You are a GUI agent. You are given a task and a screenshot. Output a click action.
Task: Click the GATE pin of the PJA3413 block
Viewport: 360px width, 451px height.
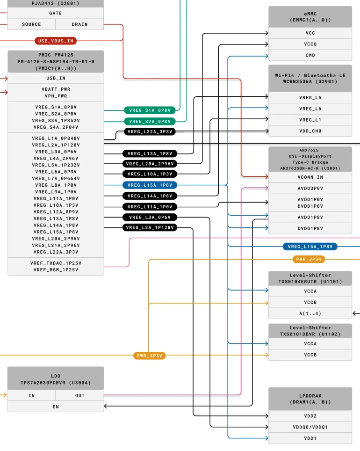tap(56, 13)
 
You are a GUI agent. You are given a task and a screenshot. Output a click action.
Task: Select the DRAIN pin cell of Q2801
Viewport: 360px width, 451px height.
tap(79, 24)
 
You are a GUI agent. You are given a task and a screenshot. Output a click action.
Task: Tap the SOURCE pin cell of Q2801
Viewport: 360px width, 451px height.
tap(31, 24)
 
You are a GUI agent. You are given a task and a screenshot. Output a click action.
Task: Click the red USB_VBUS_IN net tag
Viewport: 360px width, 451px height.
tap(56, 41)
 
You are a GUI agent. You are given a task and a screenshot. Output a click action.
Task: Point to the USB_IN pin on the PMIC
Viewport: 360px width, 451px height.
tap(56, 78)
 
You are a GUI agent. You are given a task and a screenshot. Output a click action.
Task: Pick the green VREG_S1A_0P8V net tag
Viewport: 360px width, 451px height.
tap(150, 110)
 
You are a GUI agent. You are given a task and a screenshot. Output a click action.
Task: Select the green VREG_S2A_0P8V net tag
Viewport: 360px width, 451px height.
tap(150, 121)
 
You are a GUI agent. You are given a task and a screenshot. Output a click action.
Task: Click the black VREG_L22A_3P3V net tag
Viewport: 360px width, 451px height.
tap(150, 132)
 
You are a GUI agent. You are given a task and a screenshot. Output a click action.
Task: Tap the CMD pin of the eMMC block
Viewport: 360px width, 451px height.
tap(310, 55)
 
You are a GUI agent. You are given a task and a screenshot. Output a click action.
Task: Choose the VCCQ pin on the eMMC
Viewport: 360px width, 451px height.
tap(310, 44)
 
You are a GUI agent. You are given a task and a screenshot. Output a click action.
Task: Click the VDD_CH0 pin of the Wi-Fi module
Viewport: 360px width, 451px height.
tap(310, 131)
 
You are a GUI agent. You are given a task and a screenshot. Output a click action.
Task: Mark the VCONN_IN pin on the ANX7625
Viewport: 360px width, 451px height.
tap(310, 177)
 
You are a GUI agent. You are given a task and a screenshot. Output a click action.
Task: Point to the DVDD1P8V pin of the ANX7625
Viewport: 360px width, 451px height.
tap(310, 228)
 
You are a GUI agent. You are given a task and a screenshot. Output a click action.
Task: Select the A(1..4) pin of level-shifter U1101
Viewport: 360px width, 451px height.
tap(310, 313)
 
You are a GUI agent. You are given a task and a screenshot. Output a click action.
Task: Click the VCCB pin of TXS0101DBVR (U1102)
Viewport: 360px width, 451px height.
tap(310, 355)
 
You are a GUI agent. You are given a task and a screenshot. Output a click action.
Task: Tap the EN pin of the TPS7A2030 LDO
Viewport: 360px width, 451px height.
tap(56, 407)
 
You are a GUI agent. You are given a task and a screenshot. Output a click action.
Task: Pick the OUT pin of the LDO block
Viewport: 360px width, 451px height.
tap(80, 395)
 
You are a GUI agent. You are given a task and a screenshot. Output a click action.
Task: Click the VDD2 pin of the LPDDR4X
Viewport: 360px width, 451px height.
tap(310, 416)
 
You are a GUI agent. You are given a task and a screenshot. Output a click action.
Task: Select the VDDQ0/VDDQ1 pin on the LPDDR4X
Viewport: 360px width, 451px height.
tap(310, 427)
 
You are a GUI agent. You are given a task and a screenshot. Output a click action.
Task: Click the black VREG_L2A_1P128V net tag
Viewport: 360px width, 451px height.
tap(150, 228)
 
